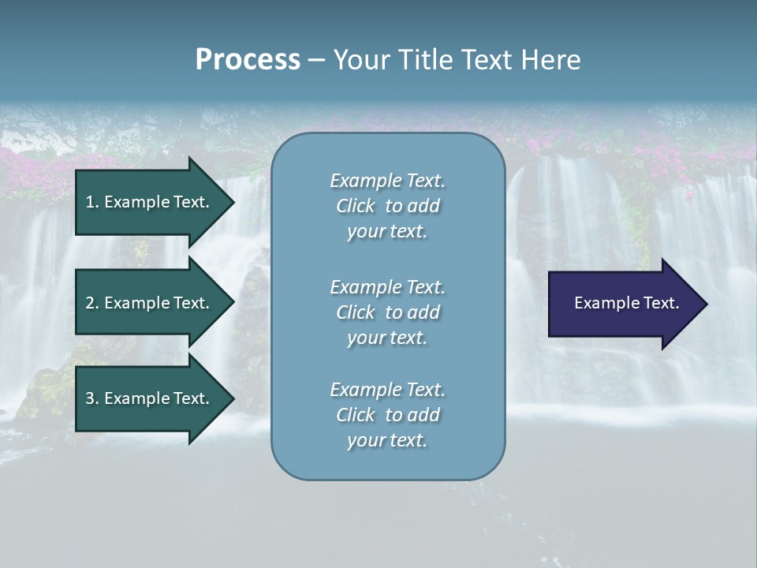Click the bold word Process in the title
(248, 60)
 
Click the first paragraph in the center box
(387, 206)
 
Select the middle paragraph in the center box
(387, 312)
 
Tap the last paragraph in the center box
(387, 415)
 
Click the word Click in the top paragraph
(356, 206)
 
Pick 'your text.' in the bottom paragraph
(387, 440)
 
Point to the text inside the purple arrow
(627, 303)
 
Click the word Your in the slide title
(362, 60)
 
